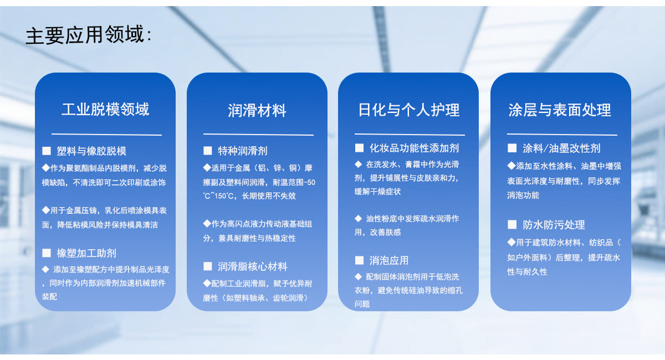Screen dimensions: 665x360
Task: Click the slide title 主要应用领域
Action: (85, 35)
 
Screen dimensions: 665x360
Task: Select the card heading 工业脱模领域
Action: (105, 109)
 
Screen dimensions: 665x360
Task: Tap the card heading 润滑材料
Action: (257, 110)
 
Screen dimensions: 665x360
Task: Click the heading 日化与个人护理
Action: (409, 110)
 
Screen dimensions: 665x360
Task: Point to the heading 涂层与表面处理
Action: (560, 110)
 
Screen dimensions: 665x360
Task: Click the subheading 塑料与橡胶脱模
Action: (91, 151)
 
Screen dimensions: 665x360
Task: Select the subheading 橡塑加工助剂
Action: (86, 253)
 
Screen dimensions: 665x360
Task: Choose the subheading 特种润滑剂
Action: (243, 151)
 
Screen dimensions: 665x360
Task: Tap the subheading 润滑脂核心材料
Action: (252, 266)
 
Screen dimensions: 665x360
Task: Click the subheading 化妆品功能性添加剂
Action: (414, 148)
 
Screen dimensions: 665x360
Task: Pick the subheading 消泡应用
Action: (389, 260)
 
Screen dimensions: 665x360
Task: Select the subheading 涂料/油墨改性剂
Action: (561, 148)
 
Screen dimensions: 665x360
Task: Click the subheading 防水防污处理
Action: (554, 225)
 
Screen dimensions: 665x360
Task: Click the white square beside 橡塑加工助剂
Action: (47, 253)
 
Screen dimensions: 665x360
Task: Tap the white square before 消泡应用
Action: (359, 260)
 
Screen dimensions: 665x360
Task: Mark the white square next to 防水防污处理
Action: (512, 224)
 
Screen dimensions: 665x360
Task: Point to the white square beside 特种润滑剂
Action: (207, 151)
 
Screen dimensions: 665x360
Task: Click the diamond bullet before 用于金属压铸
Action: (45, 210)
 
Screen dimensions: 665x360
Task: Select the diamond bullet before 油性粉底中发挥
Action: (359, 219)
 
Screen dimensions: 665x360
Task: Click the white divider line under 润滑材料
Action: (258, 135)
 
